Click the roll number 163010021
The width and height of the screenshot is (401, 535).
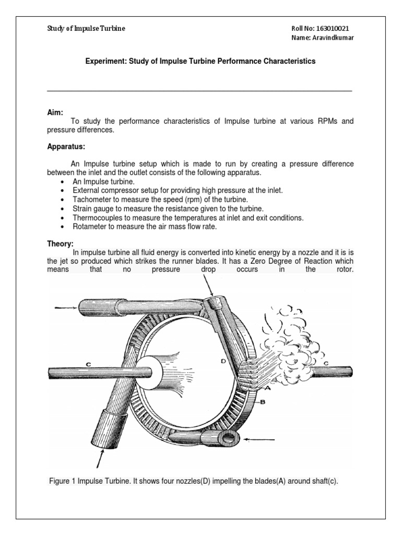click(x=332, y=28)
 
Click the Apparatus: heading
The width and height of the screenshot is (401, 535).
click(x=66, y=147)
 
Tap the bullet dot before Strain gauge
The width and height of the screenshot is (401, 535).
click(x=63, y=209)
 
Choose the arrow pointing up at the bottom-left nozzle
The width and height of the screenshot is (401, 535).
click(x=100, y=460)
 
